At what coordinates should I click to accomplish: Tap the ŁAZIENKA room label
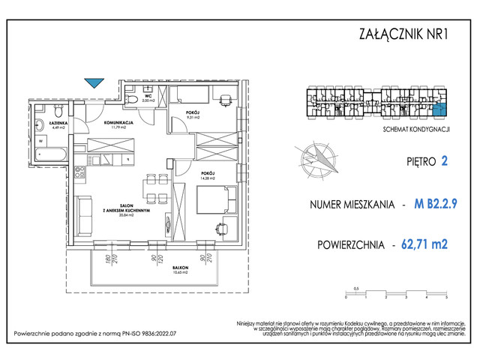tap(47, 124)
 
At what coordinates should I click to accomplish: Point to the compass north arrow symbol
tap(316, 158)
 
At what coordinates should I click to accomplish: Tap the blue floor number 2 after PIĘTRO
tap(444, 160)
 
